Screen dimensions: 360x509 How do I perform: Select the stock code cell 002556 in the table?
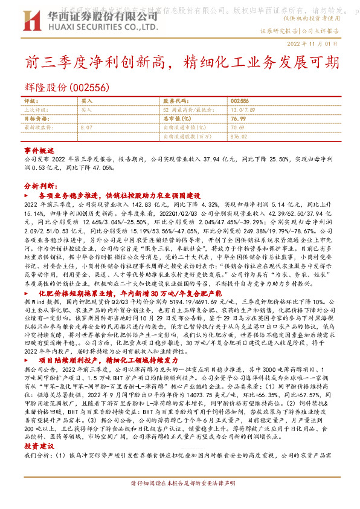point(240,101)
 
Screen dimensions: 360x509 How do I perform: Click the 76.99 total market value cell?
point(237,119)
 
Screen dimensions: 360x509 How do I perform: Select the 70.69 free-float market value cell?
point(237,128)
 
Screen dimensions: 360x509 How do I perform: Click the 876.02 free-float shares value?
point(239,137)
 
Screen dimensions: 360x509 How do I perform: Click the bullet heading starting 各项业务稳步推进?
point(119,196)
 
